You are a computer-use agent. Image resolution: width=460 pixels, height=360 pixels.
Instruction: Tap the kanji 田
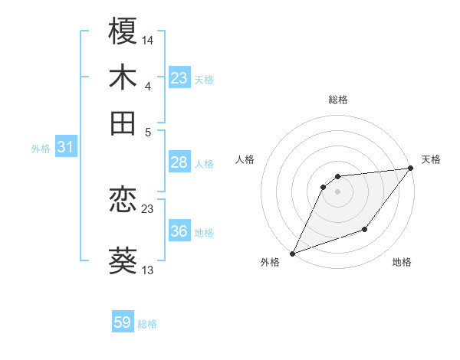click(x=123, y=123)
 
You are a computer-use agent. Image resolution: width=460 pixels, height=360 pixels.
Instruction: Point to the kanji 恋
click(x=123, y=201)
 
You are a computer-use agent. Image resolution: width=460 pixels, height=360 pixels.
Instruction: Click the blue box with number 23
click(x=179, y=78)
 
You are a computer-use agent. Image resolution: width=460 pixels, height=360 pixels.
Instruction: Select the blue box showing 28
click(x=179, y=162)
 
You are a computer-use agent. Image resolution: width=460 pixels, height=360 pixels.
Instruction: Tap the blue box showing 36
click(x=179, y=231)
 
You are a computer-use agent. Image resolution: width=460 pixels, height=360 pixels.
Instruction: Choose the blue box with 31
click(x=65, y=148)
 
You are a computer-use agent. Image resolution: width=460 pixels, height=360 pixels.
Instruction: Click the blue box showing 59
click(x=123, y=322)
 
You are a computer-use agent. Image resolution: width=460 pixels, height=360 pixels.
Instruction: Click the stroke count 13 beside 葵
click(x=148, y=269)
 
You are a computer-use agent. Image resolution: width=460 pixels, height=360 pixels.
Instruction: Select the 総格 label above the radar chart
click(x=337, y=100)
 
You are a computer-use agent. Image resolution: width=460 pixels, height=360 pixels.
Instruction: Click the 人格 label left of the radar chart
click(x=245, y=159)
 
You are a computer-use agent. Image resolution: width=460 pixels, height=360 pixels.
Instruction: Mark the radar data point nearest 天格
click(x=412, y=169)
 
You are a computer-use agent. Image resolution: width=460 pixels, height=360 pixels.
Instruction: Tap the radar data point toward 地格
click(x=365, y=229)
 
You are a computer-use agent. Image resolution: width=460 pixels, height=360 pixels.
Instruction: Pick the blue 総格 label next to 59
click(x=147, y=324)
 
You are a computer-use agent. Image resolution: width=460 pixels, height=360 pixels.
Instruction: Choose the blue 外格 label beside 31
click(x=40, y=149)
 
